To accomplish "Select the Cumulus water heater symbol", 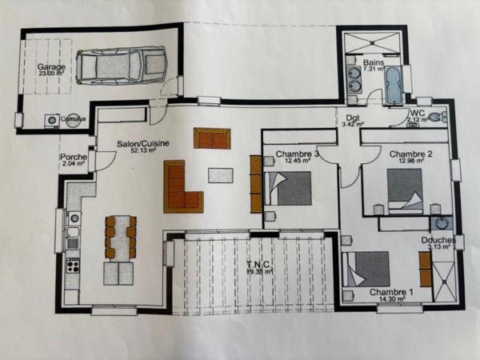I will [x=52, y=120].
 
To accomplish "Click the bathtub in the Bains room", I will [x=394, y=86].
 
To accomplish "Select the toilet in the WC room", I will [x=434, y=118].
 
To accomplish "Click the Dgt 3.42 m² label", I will [x=353, y=120].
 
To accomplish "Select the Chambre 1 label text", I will [x=391, y=292].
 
